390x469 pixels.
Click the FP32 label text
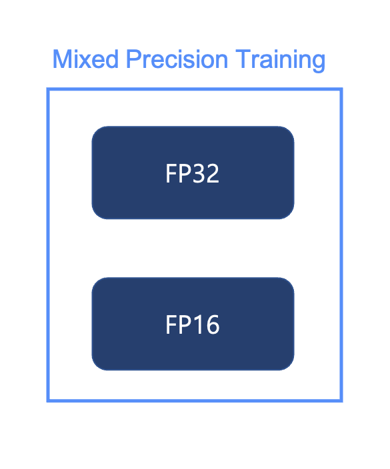coord(192,174)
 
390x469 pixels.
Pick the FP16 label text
coord(192,325)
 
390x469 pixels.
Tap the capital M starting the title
coord(61,60)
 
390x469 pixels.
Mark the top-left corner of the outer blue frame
coord(48,90)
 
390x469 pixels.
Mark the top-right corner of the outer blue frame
coord(341,90)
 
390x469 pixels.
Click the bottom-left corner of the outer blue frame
coord(48,400)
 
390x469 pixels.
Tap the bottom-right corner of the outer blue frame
coord(341,400)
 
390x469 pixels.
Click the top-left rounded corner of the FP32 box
coord(97,131)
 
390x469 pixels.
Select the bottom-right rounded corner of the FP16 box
coord(289,364)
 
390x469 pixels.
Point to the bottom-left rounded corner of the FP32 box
coord(97,213)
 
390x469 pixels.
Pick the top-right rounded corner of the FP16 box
coord(289,282)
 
